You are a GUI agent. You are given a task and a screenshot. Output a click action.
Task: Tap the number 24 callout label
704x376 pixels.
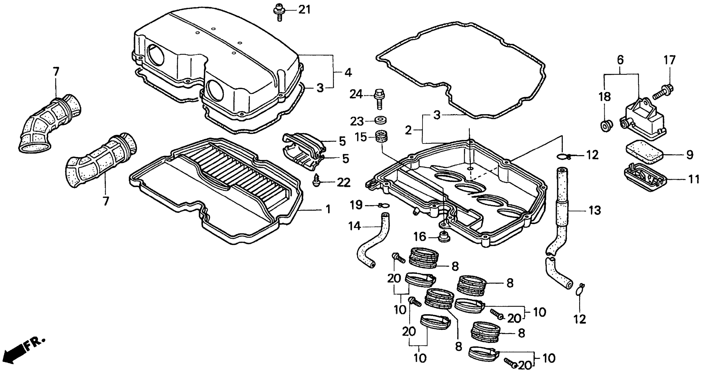point(356,95)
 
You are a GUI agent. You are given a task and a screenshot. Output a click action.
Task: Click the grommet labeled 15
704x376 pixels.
point(379,136)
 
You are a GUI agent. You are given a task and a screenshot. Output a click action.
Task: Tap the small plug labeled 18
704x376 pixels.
point(606,126)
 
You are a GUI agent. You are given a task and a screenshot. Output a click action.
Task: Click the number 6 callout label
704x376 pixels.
point(620,60)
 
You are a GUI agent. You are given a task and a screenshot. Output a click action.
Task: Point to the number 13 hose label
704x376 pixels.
point(595,211)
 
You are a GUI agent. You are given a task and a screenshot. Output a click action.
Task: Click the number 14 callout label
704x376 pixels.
point(355,226)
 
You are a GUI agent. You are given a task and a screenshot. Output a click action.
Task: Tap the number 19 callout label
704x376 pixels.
point(356,205)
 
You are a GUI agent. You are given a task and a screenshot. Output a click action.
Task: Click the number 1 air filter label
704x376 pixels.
point(328,209)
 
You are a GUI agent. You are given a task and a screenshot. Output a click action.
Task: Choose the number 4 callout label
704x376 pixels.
point(348,73)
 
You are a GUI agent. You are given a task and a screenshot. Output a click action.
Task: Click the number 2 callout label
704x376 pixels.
point(408,130)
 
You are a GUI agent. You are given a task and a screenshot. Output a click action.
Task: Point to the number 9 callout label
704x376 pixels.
point(690,155)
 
